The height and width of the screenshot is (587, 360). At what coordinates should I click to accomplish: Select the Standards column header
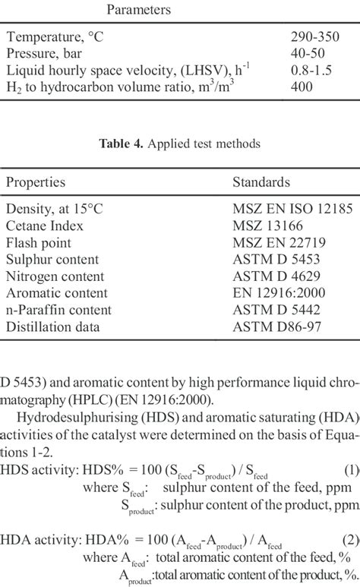261,182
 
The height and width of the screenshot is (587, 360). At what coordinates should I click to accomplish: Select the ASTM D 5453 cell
271,260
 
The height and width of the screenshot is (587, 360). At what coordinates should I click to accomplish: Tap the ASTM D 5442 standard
271,310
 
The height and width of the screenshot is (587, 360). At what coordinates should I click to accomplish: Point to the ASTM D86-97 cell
273,327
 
